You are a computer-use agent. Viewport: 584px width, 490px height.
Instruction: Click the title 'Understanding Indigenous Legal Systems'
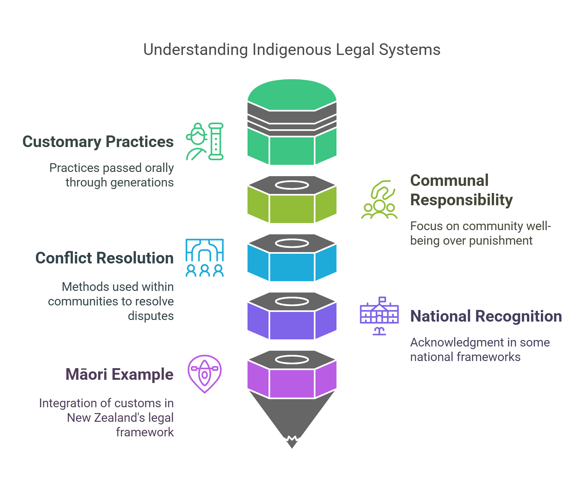pyautogui.click(x=292, y=50)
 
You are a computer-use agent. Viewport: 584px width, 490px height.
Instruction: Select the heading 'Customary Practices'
pyautogui.click(x=98, y=142)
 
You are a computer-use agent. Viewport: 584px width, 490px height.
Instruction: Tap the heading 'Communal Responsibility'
pyautogui.click(x=461, y=190)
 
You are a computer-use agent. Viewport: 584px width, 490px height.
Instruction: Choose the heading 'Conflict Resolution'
pyautogui.click(x=104, y=258)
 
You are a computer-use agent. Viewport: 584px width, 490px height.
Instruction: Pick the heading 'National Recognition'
pyautogui.click(x=486, y=316)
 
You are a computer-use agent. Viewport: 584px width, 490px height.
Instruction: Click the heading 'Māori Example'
pyautogui.click(x=119, y=375)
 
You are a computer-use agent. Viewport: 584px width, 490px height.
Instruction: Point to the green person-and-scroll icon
pyautogui.click(x=204, y=142)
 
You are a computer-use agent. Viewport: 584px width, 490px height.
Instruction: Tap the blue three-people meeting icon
pyautogui.click(x=204, y=258)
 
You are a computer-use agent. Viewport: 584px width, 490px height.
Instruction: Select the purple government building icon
pyautogui.click(x=379, y=316)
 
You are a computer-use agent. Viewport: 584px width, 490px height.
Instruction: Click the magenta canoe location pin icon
pyautogui.click(x=204, y=374)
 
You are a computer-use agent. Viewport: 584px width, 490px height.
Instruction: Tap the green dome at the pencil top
pyautogui.click(x=292, y=94)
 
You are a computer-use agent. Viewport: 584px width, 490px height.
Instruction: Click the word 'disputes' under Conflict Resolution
pyautogui.click(x=150, y=316)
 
